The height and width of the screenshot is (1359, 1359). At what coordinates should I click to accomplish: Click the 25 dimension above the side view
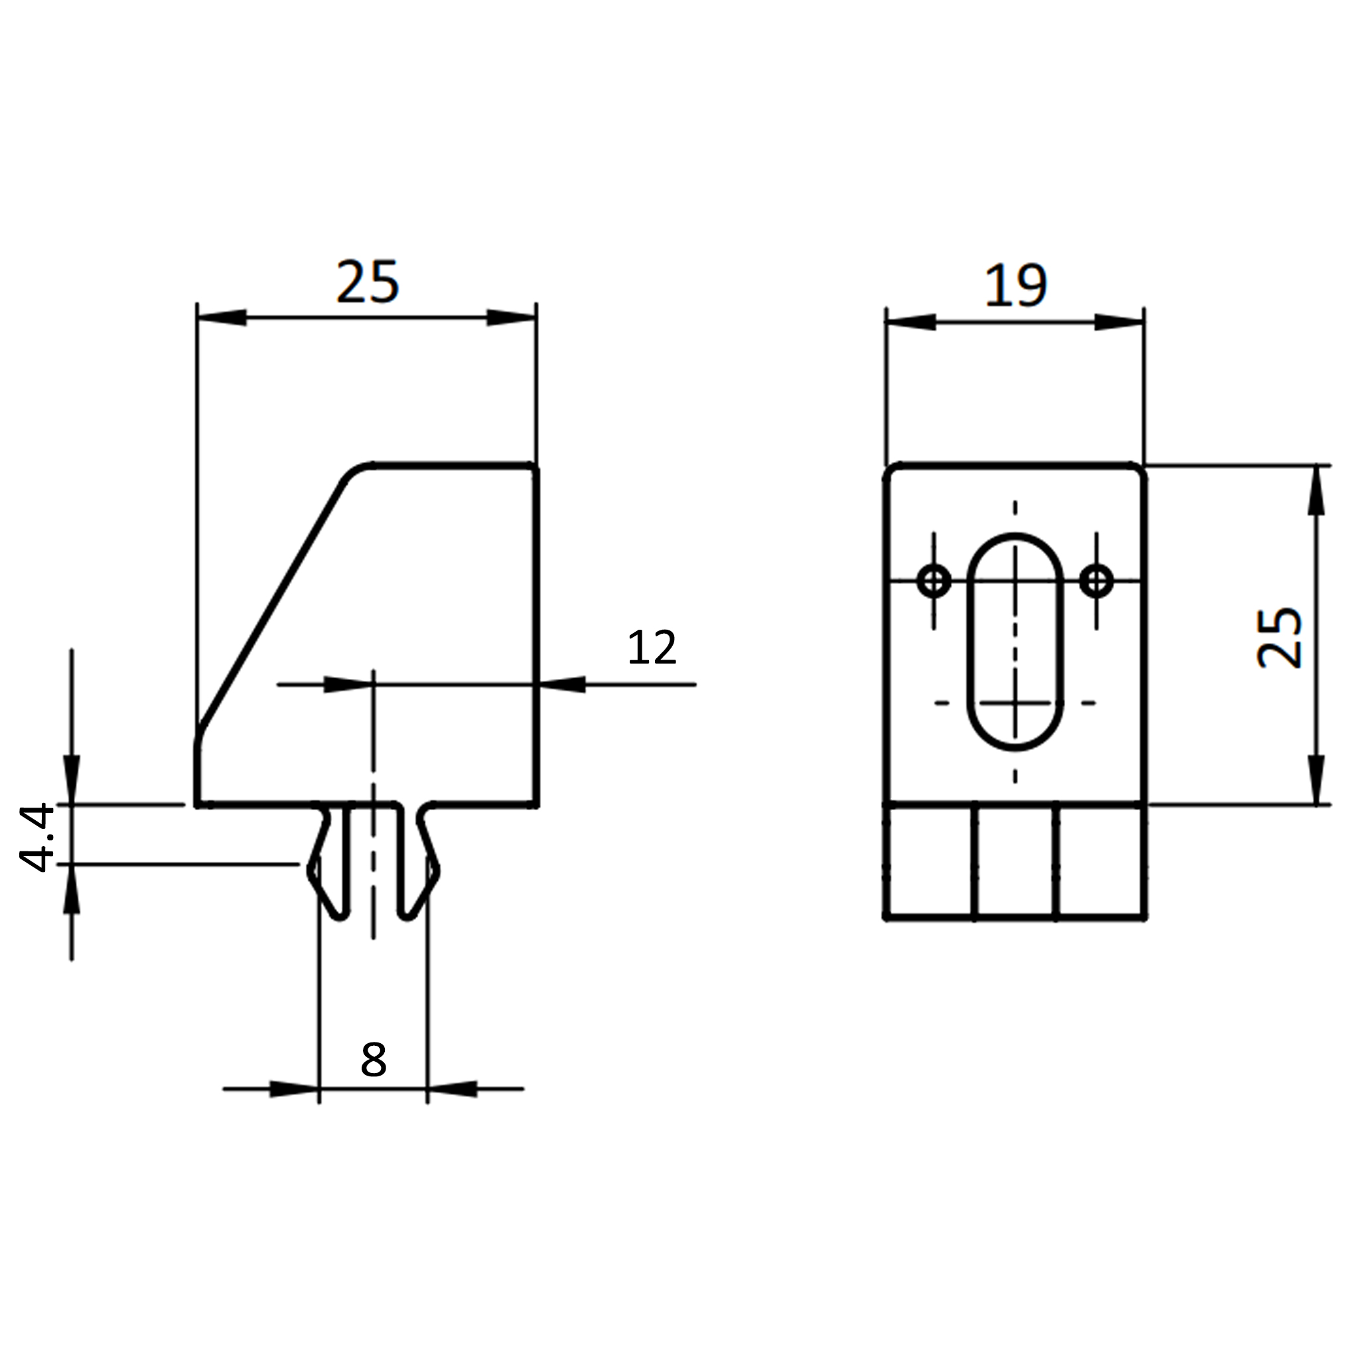pyautogui.click(x=368, y=282)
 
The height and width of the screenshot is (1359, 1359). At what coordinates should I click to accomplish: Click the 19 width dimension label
pyautogui.click(x=1017, y=285)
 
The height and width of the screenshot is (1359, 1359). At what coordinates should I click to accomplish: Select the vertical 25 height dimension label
pyautogui.click(x=1279, y=636)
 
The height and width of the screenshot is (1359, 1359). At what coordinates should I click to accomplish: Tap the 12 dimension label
pyautogui.click(x=652, y=647)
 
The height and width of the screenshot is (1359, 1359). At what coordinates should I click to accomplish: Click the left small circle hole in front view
pyautogui.click(x=934, y=581)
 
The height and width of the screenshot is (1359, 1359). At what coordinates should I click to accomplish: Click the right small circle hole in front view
pyautogui.click(x=1096, y=581)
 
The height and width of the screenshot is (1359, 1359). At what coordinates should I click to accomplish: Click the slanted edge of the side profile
pyautogui.click(x=271, y=607)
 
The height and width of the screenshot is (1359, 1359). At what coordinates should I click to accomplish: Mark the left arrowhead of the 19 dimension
pyautogui.click(x=911, y=322)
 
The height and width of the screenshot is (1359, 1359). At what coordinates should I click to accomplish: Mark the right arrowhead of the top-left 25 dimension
pyautogui.click(x=512, y=317)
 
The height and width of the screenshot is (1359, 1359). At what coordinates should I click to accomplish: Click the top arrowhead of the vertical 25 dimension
pyautogui.click(x=1316, y=490)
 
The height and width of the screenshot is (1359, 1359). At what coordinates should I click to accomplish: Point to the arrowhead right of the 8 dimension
pyautogui.click(x=453, y=1089)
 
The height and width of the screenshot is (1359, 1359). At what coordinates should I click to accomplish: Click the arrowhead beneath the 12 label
pyautogui.click(x=561, y=684)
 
